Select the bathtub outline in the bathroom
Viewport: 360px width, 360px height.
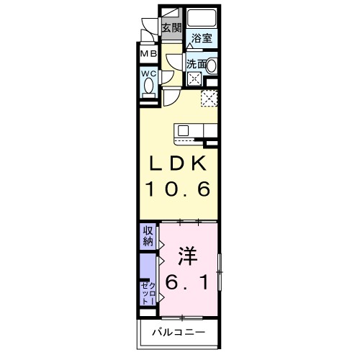pyautogui.click(x=201, y=19)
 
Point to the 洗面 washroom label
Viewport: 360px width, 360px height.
pyautogui.click(x=197, y=64)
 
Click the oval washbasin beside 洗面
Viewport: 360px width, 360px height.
pyautogui.click(x=212, y=65)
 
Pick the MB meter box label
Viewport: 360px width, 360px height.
pyautogui.click(x=148, y=54)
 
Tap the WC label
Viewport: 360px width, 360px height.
pyautogui.click(x=148, y=73)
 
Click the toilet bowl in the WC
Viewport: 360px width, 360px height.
pyautogui.click(x=148, y=86)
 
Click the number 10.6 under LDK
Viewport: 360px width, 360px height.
pyautogui.click(x=179, y=191)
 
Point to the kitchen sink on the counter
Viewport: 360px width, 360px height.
pyautogui.click(x=183, y=130)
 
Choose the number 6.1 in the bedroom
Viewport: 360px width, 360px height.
pyautogui.click(x=189, y=284)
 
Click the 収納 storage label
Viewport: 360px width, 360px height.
pyautogui.click(x=148, y=236)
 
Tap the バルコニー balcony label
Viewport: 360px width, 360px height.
pyautogui.click(x=179, y=333)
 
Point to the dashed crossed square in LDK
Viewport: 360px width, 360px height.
pyautogui.click(x=209, y=98)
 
